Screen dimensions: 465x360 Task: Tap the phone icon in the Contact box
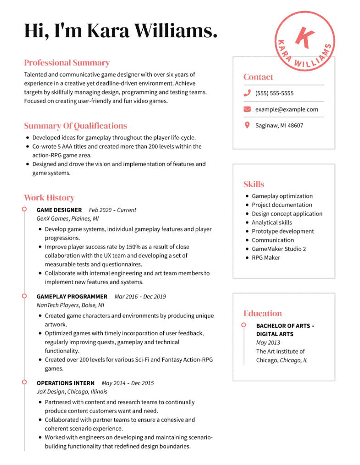click(x=247, y=93)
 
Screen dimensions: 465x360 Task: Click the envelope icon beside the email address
click(x=247, y=109)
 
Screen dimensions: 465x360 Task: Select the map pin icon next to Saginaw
click(x=247, y=125)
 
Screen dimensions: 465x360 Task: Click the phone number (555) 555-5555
click(x=274, y=93)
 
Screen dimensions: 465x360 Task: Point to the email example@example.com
click(x=287, y=109)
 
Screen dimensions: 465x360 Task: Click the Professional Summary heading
click(x=67, y=63)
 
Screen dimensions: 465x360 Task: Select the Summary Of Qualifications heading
click(x=75, y=126)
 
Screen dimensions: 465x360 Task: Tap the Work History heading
click(x=49, y=198)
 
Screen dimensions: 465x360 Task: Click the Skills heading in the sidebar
click(x=254, y=184)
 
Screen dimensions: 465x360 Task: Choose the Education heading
click(x=262, y=313)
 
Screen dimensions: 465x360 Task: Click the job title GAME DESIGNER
click(x=59, y=210)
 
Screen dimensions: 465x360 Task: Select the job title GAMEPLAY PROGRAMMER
click(x=72, y=296)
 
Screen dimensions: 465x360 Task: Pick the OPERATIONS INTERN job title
click(x=66, y=383)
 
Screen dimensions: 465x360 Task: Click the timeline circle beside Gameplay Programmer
click(x=24, y=296)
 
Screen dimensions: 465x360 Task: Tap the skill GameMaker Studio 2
click(x=279, y=249)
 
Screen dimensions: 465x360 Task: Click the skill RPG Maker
click(x=266, y=257)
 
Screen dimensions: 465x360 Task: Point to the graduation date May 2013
click(x=268, y=343)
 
